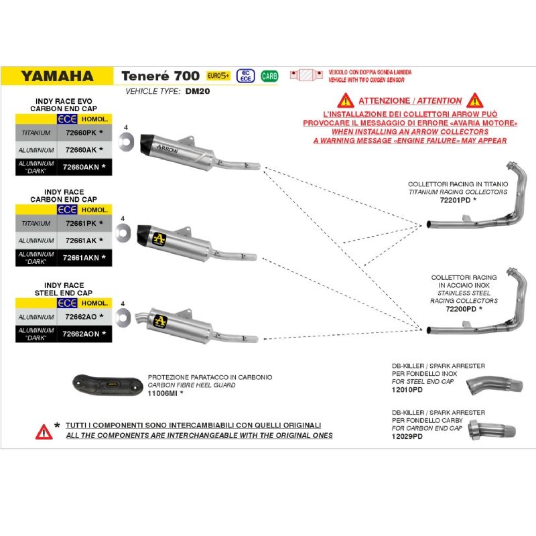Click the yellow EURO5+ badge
coord(218,75)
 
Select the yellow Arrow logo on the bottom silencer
coord(159,320)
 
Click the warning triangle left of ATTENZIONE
coord(346,100)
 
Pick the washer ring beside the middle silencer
coord(124,232)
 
